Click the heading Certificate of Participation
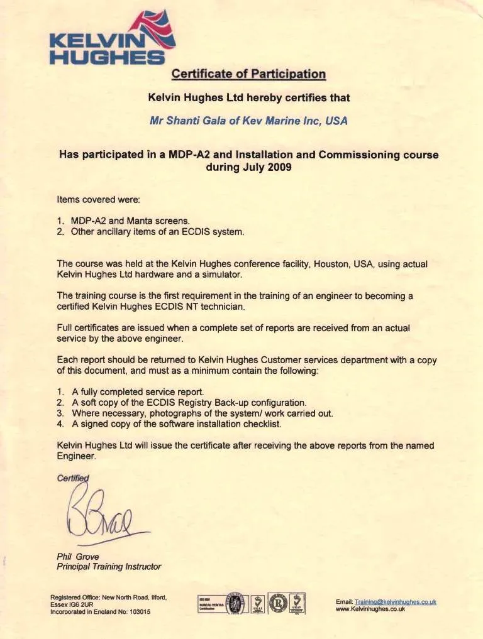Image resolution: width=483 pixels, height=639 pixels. (x=248, y=74)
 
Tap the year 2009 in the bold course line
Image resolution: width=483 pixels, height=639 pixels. (x=279, y=168)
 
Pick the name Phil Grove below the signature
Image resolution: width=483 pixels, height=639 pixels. (x=77, y=556)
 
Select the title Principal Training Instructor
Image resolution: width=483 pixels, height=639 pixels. (x=108, y=567)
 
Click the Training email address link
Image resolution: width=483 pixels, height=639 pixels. (x=395, y=601)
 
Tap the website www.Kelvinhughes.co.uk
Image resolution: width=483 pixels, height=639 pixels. (x=370, y=609)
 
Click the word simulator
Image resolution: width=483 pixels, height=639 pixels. (x=223, y=275)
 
